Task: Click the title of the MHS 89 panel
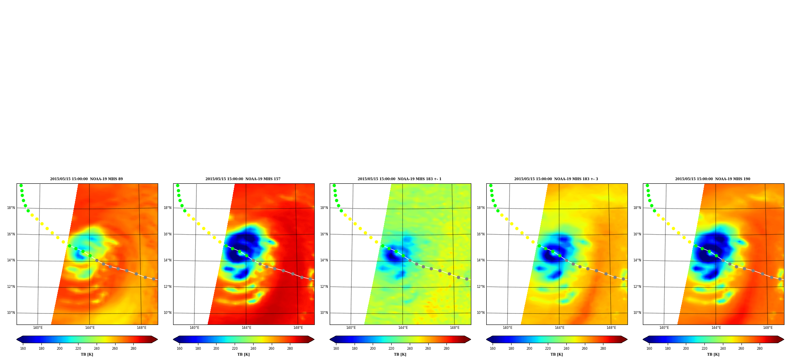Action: coord(86,179)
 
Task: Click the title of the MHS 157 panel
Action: coord(243,179)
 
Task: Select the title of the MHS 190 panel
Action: coord(713,179)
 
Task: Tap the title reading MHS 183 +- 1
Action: coord(400,179)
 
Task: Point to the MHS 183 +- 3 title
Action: coord(556,179)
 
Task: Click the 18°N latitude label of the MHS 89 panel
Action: coord(11,208)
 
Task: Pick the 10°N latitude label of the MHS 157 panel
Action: coord(168,313)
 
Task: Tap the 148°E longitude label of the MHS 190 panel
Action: coord(768,328)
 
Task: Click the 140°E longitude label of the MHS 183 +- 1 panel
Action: coord(351,328)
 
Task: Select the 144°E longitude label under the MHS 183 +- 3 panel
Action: coord(560,328)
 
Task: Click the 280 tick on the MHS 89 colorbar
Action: coord(133,349)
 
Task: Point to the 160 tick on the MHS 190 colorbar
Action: coord(649,349)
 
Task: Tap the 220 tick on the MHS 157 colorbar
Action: coord(235,349)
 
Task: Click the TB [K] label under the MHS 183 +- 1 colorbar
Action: coord(400,354)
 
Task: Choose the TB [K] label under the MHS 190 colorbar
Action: coord(713,354)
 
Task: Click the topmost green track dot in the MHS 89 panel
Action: coord(21,185)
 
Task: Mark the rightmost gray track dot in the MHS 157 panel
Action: coord(310,279)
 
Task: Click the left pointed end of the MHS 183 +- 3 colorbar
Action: coord(487,339)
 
